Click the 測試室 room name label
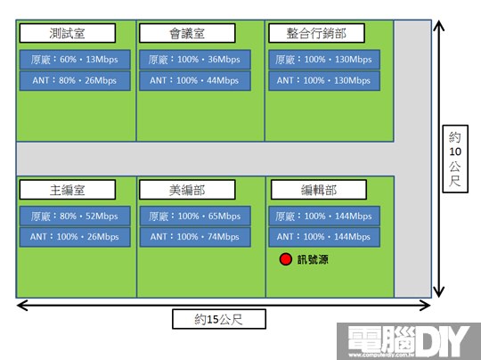coord(68,33)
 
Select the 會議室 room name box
coord(187,33)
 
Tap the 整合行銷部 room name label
coord(316,33)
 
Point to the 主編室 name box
coord(68,190)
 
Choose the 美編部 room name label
coord(187,190)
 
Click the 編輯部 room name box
coord(319,190)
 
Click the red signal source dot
coord(286,259)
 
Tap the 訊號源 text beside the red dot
coord(313,259)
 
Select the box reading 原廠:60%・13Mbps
coord(75,60)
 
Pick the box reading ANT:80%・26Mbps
coord(75,81)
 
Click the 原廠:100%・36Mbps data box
coord(195,60)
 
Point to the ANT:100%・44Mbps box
coord(195,81)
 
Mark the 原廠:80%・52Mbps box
coord(75,216)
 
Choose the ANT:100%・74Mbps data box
coord(195,237)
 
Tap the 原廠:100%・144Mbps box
coord(324,216)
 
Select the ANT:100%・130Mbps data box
coord(324,81)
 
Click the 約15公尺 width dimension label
coord(219,319)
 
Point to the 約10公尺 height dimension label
coord(455,159)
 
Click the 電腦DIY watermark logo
coord(409,341)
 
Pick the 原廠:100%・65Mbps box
coord(195,216)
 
